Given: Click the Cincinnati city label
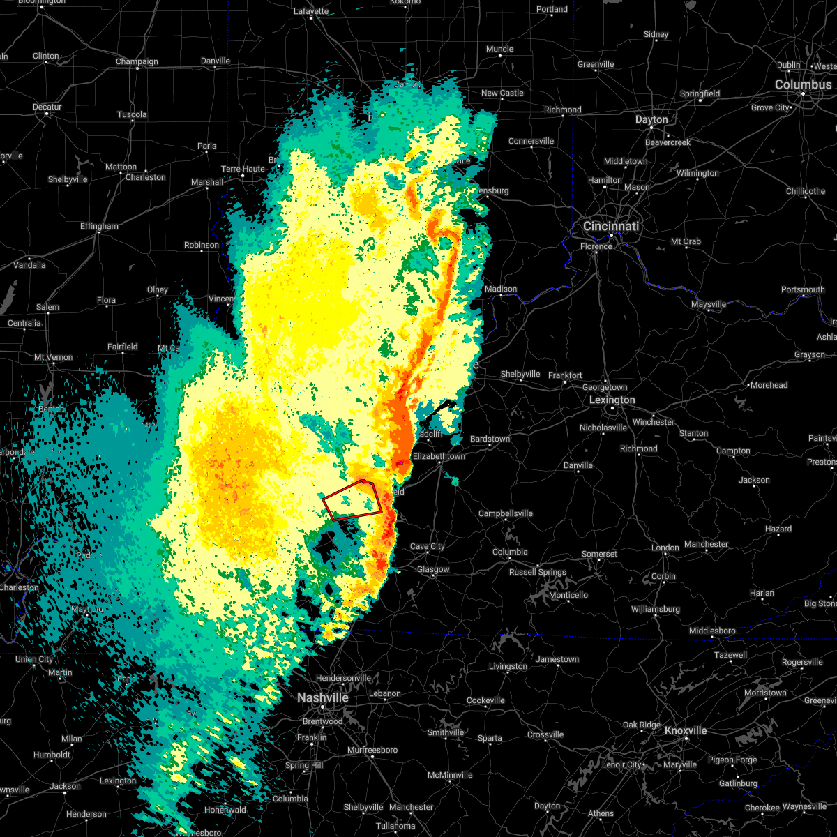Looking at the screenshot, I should click(x=611, y=226).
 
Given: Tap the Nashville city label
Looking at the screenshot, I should click(x=322, y=697).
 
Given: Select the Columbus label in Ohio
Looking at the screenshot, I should click(x=803, y=84).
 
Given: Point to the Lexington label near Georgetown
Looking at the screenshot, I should click(x=612, y=400).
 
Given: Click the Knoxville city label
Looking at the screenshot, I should click(x=685, y=730).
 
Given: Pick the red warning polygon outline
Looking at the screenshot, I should click(x=353, y=500).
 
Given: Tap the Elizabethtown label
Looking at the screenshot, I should click(x=439, y=456).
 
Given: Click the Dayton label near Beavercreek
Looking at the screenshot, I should click(x=651, y=119).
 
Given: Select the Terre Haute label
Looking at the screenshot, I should click(x=243, y=169).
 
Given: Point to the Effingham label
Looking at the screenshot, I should click(x=99, y=226).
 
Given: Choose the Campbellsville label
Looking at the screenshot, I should click(x=505, y=513).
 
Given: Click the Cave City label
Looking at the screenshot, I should click(x=427, y=546).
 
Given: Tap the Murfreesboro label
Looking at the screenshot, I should click(x=372, y=750).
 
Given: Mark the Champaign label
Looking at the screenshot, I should click(x=137, y=61).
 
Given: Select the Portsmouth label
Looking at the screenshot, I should click(x=802, y=289).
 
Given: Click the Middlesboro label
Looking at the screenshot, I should click(x=711, y=631).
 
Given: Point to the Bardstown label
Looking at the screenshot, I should click(x=490, y=439).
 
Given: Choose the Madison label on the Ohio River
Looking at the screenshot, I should click(x=501, y=289).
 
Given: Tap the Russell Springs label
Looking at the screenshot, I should click(x=538, y=572).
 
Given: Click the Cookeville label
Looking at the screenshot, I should click(x=485, y=700).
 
